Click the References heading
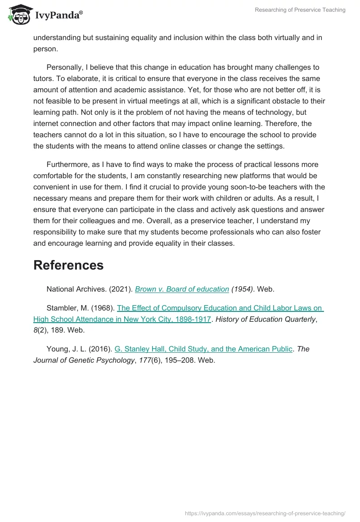tap(68, 265)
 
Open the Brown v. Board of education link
tap(182, 289)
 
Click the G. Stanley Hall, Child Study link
tap(203, 349)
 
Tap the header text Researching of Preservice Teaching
tap(300, 10)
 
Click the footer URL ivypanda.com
tap(265, 513)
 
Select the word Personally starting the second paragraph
tap(65, 67)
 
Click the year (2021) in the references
tap(121, 289)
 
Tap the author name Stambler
tap(62, 308)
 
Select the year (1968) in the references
tap(103, 308)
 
